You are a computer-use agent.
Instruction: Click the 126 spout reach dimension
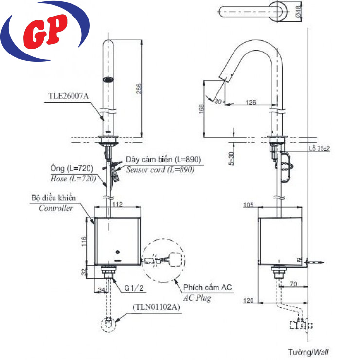pyautogui.click(x=251, y=102)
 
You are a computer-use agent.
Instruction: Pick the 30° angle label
pyautogui.click(x=217, y=101)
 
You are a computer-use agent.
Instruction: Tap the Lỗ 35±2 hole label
pyautogui.click(x=319, y=148)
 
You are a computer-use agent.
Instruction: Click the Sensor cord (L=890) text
pyautogui.click(x=160, y=170)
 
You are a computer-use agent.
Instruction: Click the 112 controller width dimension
pyautogui.click(x=117, y=204)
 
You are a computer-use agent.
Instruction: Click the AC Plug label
pyautogui.click(x=197, y=298)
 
